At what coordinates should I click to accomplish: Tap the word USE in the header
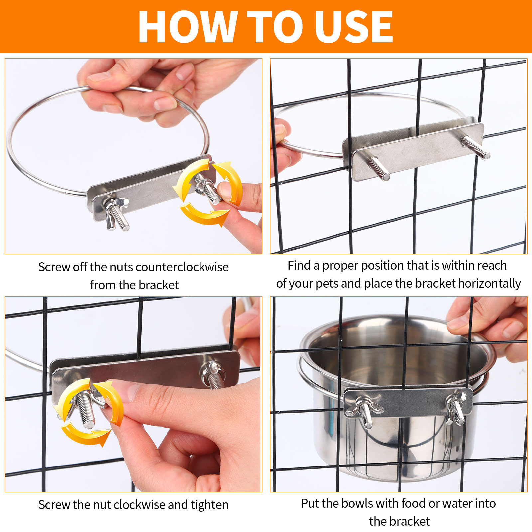pyautogui.click(x=354, y=27)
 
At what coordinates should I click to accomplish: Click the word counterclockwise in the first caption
pyautogui.click(x=182, y=267)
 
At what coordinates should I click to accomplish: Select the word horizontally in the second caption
pyautogui.click(x=489, y=284)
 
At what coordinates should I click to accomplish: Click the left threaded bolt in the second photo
pyautogui.click(x=378, y=168)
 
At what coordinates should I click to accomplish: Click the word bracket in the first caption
pyautogui.click(x=159, y=285)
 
